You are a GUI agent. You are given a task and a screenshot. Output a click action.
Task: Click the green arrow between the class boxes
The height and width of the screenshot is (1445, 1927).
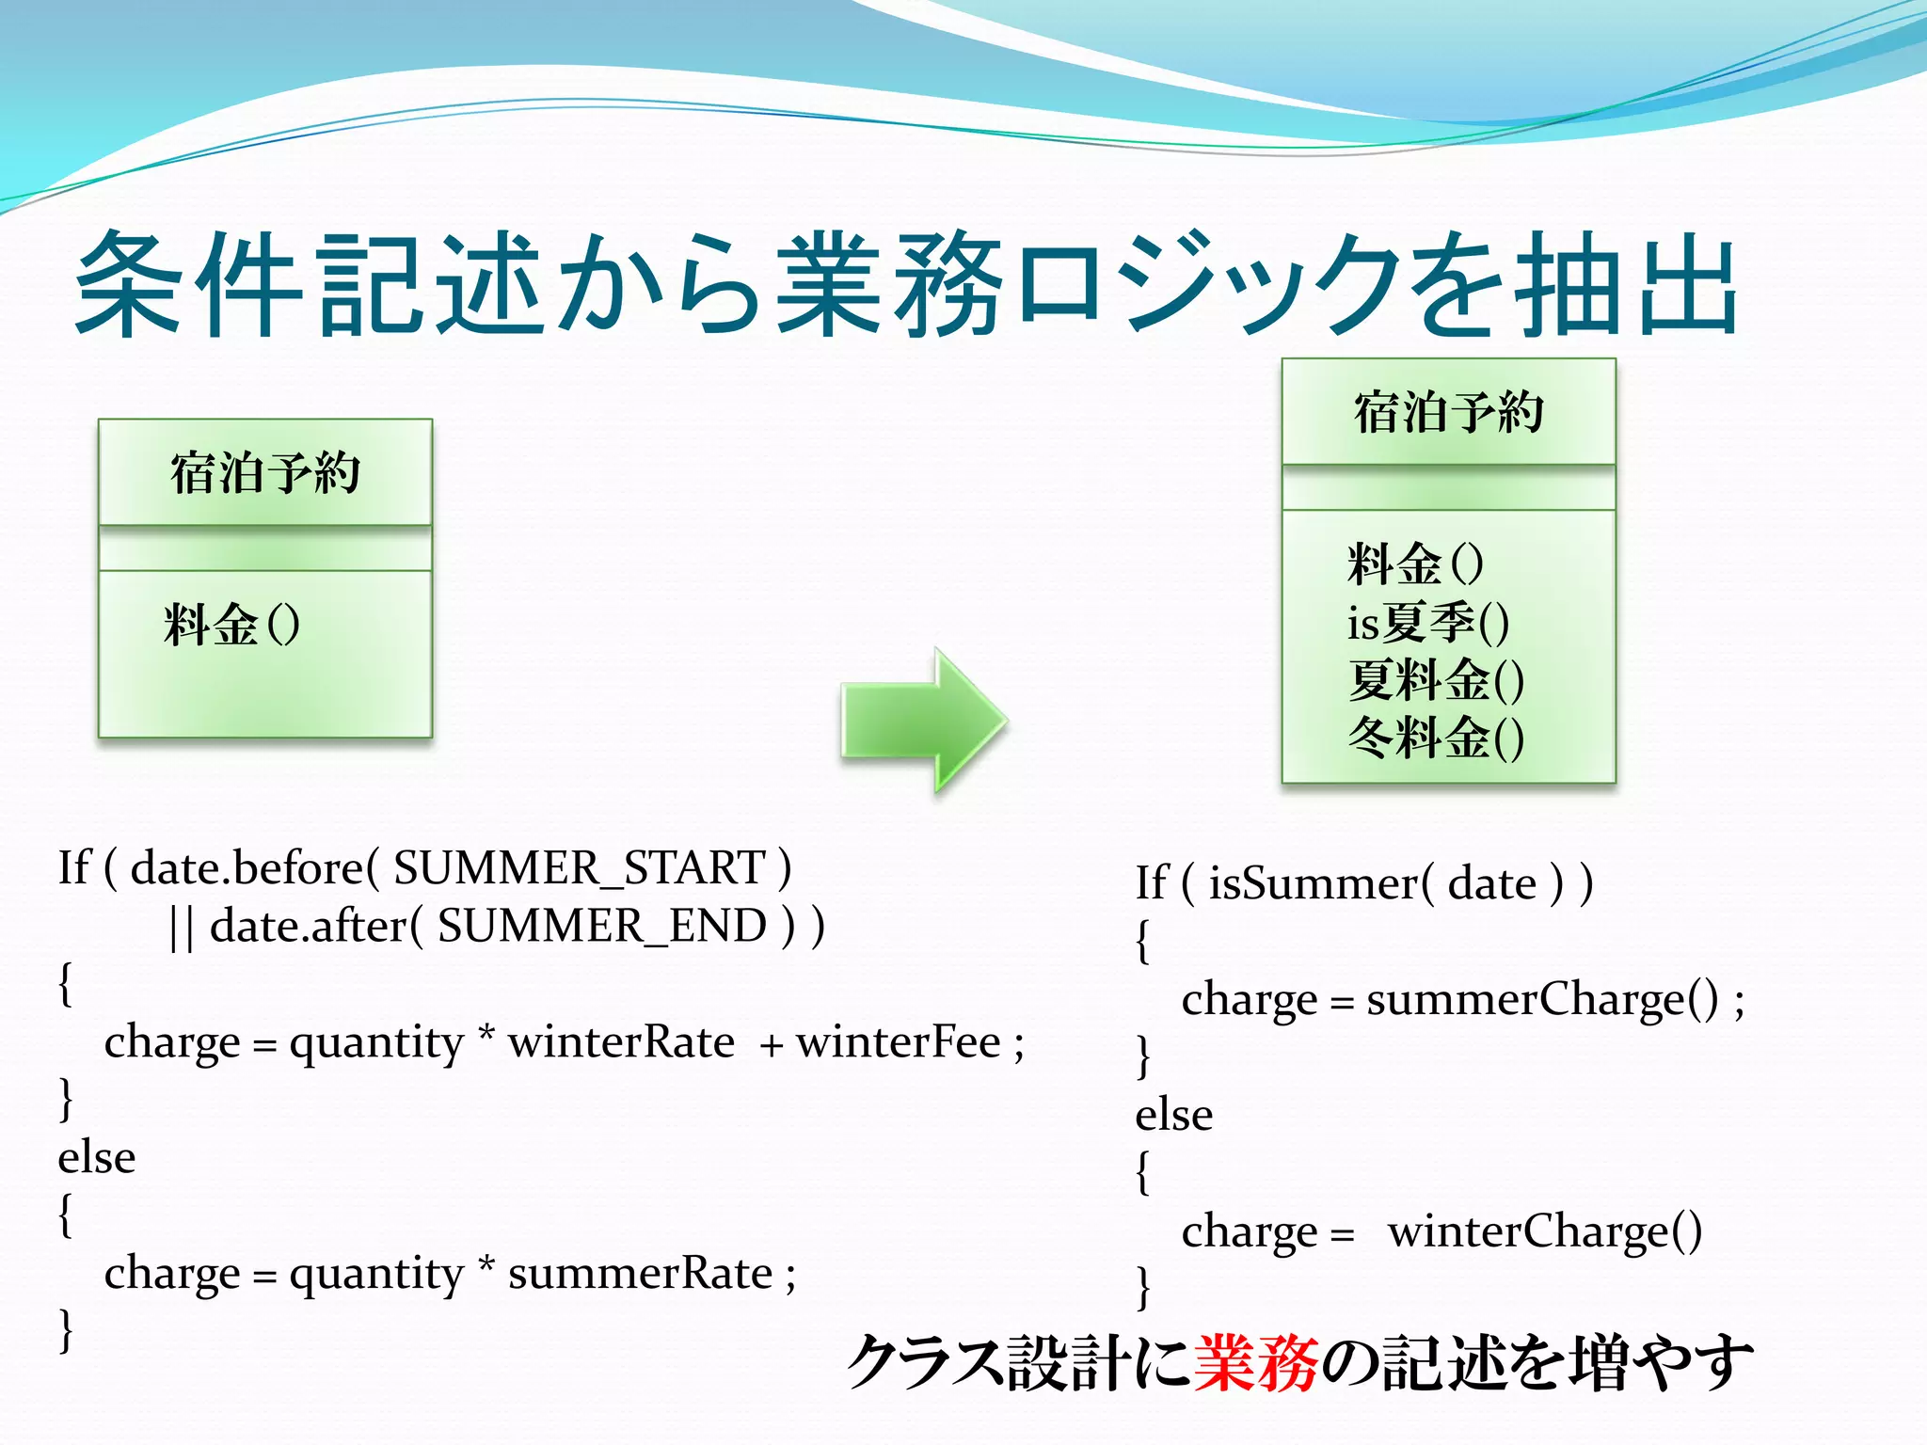pyautogui.click(x=922, y=722)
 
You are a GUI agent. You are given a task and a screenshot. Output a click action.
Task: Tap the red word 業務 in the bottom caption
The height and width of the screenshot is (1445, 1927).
pyautogui.click(x=1255, y=1363)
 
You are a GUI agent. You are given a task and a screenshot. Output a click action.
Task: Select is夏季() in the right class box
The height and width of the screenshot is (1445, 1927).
pyautogui.click(x=1427, y=623)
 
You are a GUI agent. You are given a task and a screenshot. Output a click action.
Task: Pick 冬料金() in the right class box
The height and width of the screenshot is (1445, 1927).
pyautogui.click(x=1435, y=738)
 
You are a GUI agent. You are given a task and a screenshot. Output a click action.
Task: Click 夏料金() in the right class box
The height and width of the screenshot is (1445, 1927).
pyautogui.click(x=1435, y=680)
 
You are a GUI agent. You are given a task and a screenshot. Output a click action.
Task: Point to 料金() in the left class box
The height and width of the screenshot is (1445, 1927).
pyautogui.click(x=231, y=625)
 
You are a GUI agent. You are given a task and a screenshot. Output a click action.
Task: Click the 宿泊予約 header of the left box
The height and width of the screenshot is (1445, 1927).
pyautogui.click(x=265, y=473)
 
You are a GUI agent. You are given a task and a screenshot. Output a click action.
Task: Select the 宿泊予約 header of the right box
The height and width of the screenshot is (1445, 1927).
pyautogui.click(x=1448, y=413)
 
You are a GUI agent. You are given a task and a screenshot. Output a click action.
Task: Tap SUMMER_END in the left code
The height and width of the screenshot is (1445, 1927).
pyautogui.click(x=602, y=926)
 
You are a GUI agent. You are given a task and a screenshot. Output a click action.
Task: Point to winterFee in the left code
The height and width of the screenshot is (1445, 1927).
pyautogui.click(x=899, y=1042)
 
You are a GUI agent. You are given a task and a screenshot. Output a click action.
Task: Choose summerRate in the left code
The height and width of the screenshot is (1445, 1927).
pyautogui.click(x=640, y=1274)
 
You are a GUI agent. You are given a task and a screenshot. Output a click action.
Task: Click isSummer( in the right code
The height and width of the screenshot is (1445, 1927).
pyautogui.click(x=1321, y=883)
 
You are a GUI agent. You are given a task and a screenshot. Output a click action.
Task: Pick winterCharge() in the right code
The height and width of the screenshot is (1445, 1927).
pyautogui.click(x=1544, y=1231)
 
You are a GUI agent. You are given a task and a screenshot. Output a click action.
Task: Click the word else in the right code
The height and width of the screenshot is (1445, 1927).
pyautogui.click(x=1173, y=1116)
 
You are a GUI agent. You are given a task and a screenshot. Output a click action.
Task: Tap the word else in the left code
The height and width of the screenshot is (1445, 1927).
pyautogui.click(x=96, y=1158)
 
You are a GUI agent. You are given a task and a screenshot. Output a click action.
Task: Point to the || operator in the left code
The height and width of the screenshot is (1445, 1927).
pyautogui.click(x=182, y=928)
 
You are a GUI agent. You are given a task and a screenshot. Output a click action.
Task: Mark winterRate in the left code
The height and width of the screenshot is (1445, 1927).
pyautogui.click(x=621, y=1042)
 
